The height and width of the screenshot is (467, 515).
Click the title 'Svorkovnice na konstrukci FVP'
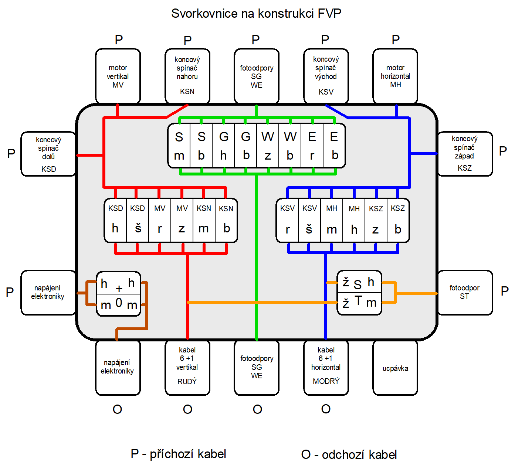(256, 14)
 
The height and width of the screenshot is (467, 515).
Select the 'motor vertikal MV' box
(118, 76)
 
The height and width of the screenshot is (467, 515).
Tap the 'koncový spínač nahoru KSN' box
(187, 76)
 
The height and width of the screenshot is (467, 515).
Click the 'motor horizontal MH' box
(395, 76)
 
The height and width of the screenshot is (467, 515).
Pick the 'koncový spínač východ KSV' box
(326, 76)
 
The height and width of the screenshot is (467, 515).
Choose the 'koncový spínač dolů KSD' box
(48, 154)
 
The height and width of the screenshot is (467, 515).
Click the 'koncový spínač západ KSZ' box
(465, 153)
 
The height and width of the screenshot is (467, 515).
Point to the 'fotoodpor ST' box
(465, 292)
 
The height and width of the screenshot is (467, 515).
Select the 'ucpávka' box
(395, 368)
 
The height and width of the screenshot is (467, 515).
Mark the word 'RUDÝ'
(187, 382)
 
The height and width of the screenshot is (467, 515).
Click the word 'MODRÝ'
(326, 381)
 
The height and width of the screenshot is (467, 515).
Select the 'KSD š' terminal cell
(138, 220)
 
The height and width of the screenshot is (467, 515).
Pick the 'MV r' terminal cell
(160, 220)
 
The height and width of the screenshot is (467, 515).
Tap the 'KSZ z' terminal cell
(376, 221)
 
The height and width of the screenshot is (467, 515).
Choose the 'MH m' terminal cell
(332, 221)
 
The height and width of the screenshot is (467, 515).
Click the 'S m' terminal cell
(179, 146)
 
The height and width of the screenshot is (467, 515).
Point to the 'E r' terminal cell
(312, 146)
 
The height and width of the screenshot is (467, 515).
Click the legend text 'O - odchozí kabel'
(349, 454)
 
